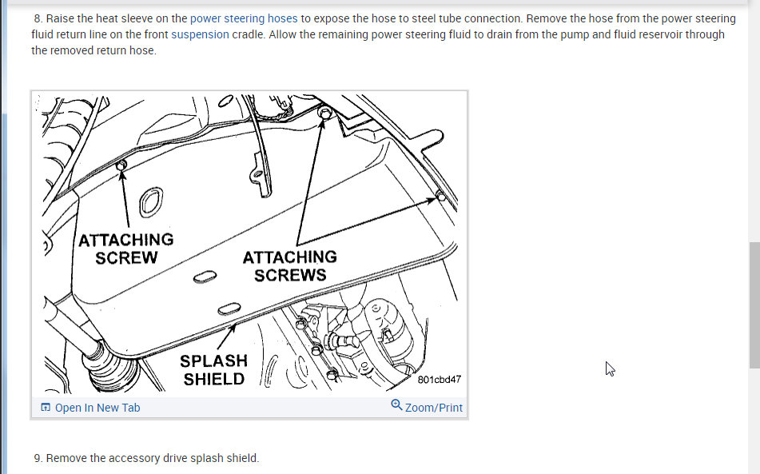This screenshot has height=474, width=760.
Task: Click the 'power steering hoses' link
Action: (244, 18)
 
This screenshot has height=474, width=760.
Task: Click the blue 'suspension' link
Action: (200, 34)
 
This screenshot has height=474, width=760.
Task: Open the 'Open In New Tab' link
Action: (97, 408)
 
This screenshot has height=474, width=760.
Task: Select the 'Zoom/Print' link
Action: (434, 408)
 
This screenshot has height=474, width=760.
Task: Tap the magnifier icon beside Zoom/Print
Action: (396, 404)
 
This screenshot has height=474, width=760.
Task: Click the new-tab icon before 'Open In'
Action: (46, 407)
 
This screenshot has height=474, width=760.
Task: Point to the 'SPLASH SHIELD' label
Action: (213, 370)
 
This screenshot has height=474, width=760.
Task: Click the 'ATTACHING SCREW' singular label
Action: (126, 249)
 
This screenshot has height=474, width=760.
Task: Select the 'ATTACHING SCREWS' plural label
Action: (290, 265)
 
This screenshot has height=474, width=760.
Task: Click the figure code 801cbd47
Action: (439, 380)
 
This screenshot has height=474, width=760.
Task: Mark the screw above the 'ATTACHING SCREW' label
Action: (121, 165)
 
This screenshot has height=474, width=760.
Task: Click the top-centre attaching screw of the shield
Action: (324, 114)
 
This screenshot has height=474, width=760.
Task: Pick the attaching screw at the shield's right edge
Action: (440, 196)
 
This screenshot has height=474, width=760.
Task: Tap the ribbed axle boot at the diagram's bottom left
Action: (108, 366)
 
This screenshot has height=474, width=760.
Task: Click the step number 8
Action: (38, 18)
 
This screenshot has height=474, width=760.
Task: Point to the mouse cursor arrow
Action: (610, 368)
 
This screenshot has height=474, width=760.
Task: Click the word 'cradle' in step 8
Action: (249, 34)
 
